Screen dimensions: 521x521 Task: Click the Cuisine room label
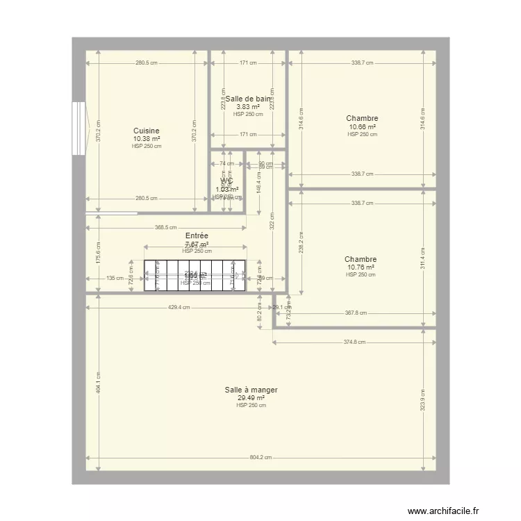coord(147,131)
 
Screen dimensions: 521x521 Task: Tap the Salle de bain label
coord(248,99)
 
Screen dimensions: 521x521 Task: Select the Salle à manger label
coord(251,390)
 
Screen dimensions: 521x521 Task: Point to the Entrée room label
coord(197,236)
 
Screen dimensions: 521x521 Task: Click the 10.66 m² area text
coord(362,127)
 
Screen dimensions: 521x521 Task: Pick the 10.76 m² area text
coord(361,267)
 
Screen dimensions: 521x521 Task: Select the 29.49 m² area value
coord(251,398)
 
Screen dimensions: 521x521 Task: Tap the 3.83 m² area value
coord(248,107)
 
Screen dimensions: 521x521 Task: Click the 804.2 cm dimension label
coord(261,458)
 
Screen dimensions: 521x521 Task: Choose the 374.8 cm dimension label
coord(355,342)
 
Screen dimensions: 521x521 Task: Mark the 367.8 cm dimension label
coord(355,313)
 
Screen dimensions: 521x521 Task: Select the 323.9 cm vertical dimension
coord(422,398)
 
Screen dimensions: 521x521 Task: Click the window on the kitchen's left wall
coord(78,129)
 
